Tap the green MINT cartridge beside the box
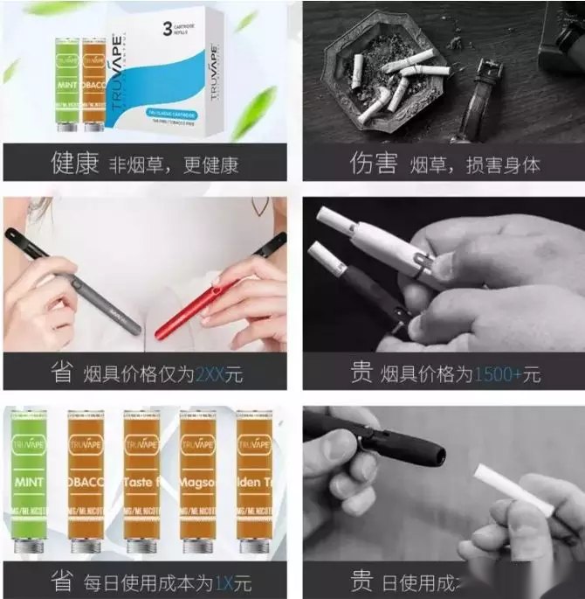pos(67,83)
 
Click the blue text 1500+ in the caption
pos(498,374)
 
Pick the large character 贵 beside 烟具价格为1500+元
pos(361,373)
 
